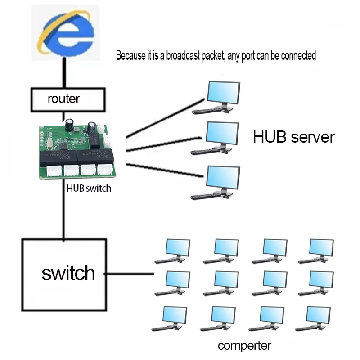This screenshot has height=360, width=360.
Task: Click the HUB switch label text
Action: tap(89, 188)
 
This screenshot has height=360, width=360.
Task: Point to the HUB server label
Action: tap(294, 137)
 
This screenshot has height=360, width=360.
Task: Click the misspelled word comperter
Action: tap(244, 346)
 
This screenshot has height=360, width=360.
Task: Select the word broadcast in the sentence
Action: tap(183, 55)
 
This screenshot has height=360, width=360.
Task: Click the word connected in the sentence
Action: tap(298, 55)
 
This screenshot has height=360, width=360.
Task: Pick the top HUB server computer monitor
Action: tap(223, 93)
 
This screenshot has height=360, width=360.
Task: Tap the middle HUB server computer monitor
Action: tap(222, 133)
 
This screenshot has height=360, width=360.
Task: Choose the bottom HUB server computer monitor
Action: tap(223, 178)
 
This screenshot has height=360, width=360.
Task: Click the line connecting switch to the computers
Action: tap(129, 274)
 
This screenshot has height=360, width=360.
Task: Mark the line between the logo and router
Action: tap(64, 72)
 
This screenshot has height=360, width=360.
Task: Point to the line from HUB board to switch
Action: tap(63, 209)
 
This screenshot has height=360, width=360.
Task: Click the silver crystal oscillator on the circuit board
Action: tap(49, 144)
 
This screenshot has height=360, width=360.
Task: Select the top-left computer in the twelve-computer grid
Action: tap(172, 251)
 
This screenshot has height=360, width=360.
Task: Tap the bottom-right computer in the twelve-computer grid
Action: tap(313, 319)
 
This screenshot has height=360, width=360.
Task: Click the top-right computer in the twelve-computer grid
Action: tap(316, 251)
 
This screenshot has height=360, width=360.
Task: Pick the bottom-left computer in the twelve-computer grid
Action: tap(169, 319)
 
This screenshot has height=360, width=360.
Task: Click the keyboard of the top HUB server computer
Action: tap(206, 111)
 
